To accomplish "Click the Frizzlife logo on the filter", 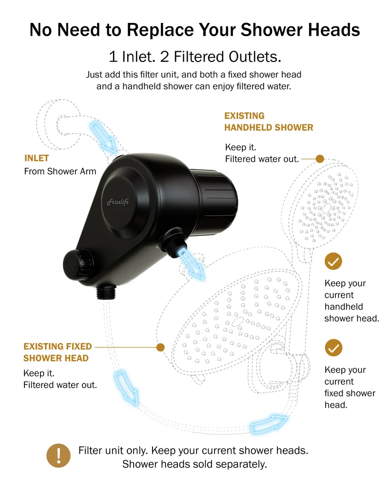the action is point(118,202).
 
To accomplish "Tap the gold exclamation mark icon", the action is point(58,456).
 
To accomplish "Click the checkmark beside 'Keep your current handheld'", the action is point(333,261).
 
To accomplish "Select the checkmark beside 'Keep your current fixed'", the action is point(333,347).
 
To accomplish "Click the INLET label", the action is point(37,158).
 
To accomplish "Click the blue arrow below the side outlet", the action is point(191,264).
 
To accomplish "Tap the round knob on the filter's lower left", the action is point(78,264).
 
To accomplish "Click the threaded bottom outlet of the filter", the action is point(106,291).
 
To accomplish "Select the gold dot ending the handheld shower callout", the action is point(320,159).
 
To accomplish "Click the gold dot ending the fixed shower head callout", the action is point(160,347).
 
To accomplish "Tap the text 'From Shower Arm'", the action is point(60,171).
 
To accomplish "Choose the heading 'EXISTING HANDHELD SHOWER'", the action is point(269,122).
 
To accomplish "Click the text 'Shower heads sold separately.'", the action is point(195,464).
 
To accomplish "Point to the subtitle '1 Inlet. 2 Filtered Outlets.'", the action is point(195,57).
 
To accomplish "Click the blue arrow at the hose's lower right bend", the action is point(269,424).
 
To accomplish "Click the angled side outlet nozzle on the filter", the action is point(173,242).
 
